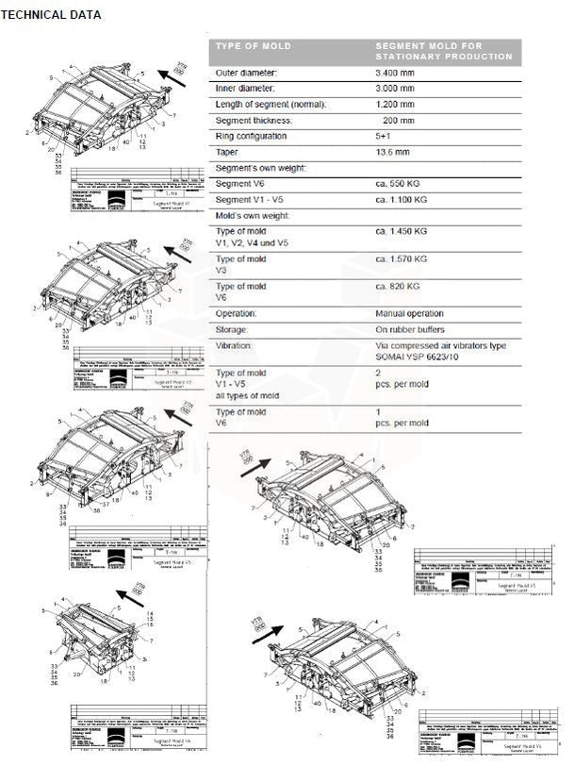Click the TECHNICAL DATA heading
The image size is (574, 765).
click(51, 15)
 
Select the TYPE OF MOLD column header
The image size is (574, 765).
click(253, 45)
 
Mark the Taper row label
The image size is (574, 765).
click(228, 152)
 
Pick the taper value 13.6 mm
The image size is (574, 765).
click(392, 152)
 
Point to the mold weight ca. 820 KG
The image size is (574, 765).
click(401, 286)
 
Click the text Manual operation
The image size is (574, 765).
click(409, 313)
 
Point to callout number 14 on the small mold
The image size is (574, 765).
click(150, 615)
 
